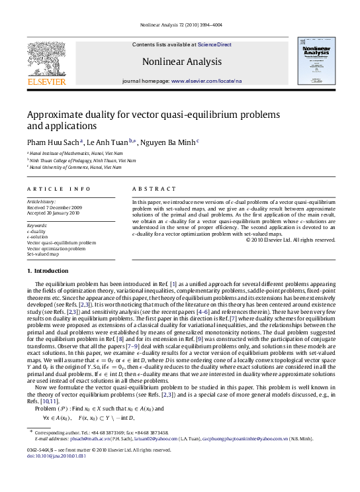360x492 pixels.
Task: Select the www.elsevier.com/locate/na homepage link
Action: click(206, 80)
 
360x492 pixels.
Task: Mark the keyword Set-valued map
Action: click(43, 254)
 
